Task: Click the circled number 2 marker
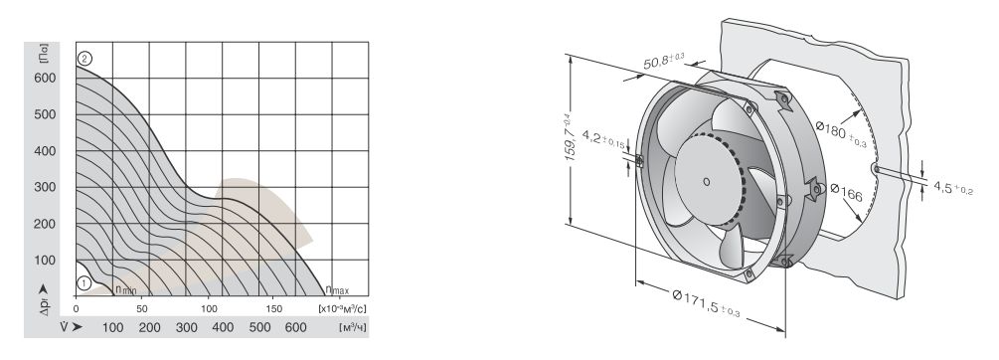84,59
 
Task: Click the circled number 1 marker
83,283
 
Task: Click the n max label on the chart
337,290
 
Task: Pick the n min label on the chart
125,289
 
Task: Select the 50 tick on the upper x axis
142,308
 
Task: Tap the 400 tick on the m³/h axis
223,327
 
